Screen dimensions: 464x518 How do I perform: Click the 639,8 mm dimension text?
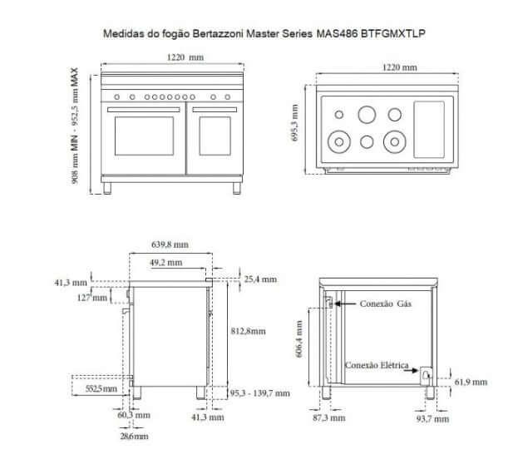(x=170, y=244)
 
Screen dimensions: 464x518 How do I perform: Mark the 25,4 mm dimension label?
(x=259, y=279)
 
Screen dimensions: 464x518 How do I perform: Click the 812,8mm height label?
(x=248, y=331)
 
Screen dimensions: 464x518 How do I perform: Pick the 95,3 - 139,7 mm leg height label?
(x=259, y=392)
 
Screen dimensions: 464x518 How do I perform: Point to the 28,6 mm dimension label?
(x=133, y=435)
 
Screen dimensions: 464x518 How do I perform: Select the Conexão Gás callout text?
(x=386, y=304)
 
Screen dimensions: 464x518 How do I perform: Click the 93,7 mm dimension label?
(x=432, y=418)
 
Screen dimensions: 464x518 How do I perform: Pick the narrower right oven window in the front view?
(x=215, y=136)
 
